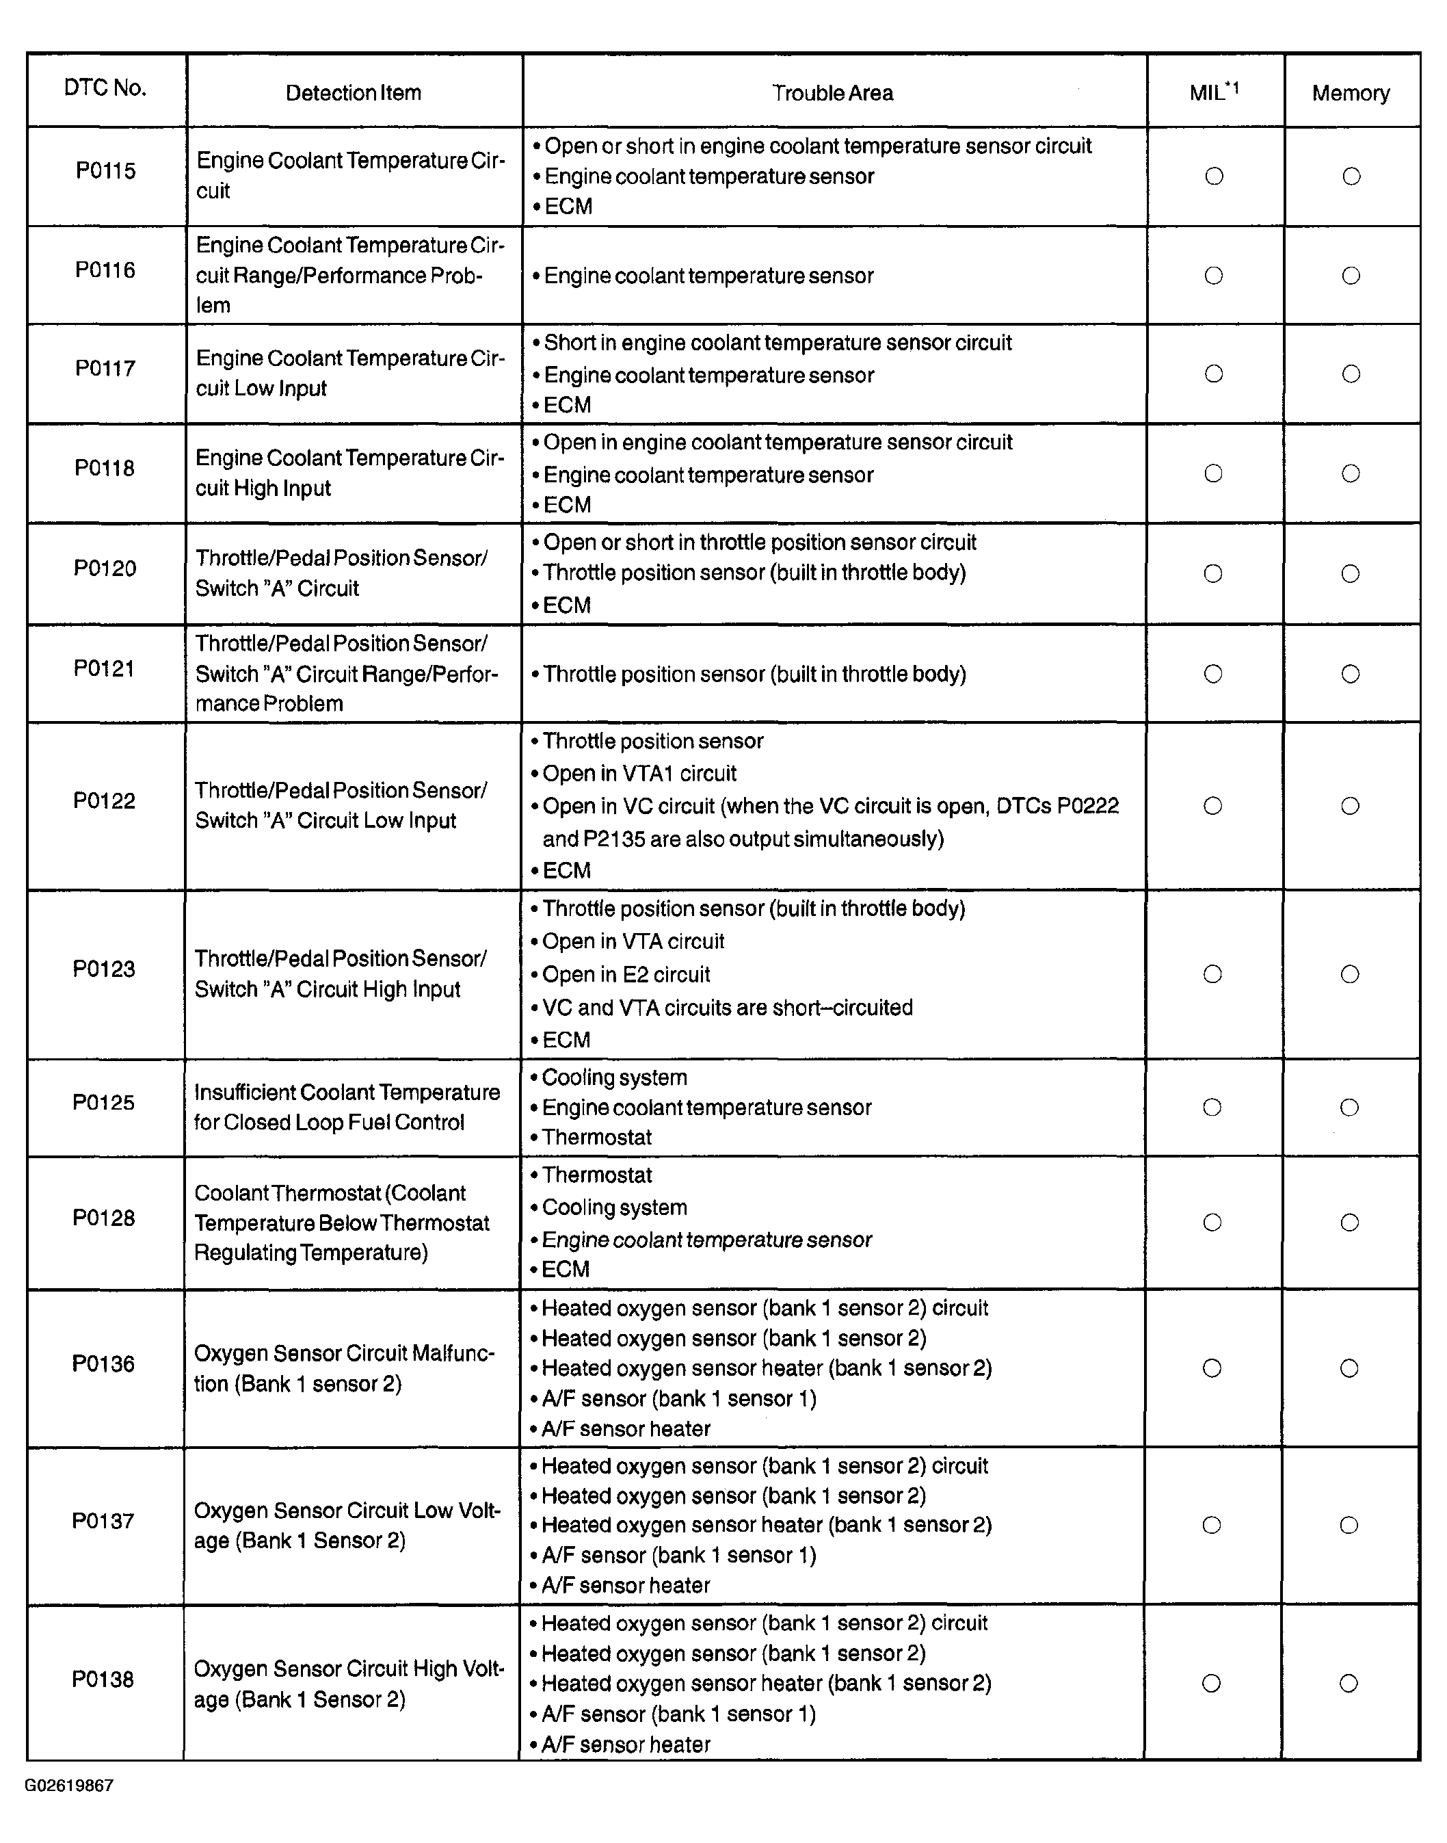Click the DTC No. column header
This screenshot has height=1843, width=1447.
pyautogui.click(x=105, y=88)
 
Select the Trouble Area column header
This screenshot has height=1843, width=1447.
pyautogui.click(x=832, y=93)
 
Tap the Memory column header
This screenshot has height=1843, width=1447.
pyautogui.click(x=1351, y=93)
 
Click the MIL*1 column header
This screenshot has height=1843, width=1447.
pyautogui.click(x=1213, y=92)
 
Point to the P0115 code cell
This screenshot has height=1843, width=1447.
pyautogui.click(x=106, y=171)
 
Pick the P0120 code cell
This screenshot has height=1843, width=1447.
pyautogui.click(x=105, y=568)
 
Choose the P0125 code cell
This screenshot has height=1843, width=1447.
pyautogui.click(x=103, y=1102)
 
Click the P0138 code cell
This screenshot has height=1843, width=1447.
pyautogui.click(x=103, y=1679)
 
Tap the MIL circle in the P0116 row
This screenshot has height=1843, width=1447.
pyautogui.click(x=1213, y=276)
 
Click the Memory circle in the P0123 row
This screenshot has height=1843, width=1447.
pyautogui.click(x=1350, y=974)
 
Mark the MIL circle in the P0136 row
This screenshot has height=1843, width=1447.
pyautogui.click(x=1212, y=1368)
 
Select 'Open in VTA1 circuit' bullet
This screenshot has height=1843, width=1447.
pyautogui.click(x=639, y=774)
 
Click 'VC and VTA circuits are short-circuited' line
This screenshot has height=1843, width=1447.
pyautogui.click(x=727, y=1008)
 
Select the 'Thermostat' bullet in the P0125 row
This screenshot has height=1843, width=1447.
pyautogui.click(x=596, y=1137)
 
